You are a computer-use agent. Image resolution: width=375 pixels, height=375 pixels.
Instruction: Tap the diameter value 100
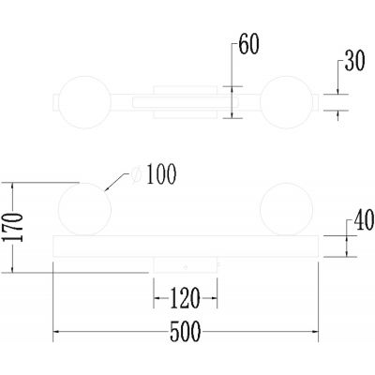[x=160, y=173]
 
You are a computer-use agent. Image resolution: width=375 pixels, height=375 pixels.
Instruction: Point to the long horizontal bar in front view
[x=187, y=246]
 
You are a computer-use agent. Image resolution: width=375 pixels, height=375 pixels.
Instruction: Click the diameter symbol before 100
[x=138, y=173]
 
